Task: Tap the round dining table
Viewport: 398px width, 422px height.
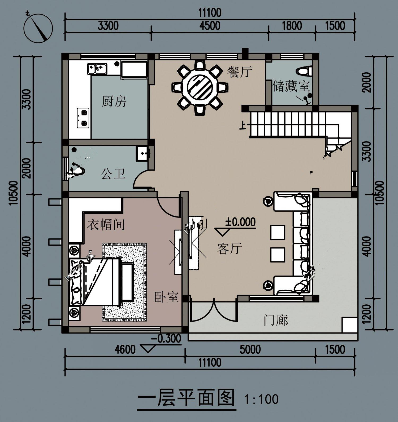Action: click(x=200, y=87)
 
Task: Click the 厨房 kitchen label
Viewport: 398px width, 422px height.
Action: click(x=114, y=102)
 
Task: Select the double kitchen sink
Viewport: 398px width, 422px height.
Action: click(x=97, y=68)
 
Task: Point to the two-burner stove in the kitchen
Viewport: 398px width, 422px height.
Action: click(x=83, y=118)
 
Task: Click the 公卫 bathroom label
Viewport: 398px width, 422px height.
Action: click(x=113, y=174)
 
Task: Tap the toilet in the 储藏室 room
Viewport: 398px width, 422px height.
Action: click(x=304, y=71)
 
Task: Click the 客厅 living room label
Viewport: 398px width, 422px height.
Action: click(x=229, y=248)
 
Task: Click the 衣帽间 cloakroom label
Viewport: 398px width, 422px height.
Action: click(x=106, y=225)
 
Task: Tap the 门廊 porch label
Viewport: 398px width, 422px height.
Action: click(x=276, y=320)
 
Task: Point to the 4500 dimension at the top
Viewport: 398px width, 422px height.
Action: click(x=210, y=25)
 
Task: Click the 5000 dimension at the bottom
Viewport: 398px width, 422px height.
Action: click(x=250, y=349)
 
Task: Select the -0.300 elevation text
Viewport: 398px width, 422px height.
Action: click(x=166, y=338)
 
